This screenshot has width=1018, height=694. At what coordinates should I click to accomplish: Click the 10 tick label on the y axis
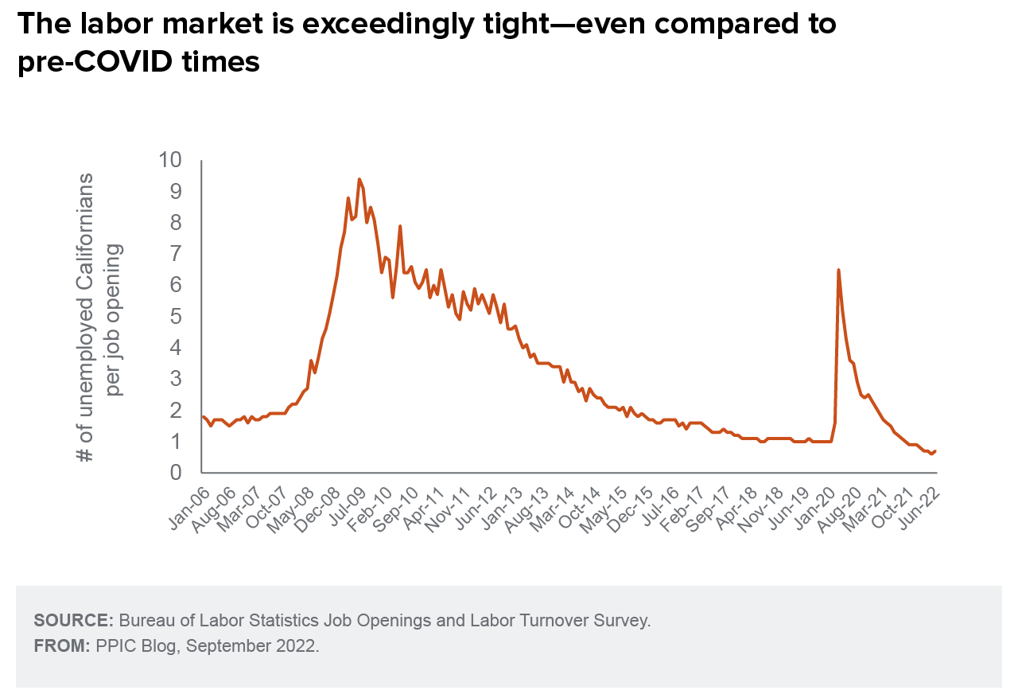point(170,160)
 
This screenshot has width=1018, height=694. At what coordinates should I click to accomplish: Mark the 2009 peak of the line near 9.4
point(359,179)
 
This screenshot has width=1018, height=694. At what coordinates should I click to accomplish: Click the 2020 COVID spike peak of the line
point(838,270)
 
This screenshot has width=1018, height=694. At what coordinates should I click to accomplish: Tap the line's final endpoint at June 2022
point(935,451)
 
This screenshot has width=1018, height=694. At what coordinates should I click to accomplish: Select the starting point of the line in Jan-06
point(203,416)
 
